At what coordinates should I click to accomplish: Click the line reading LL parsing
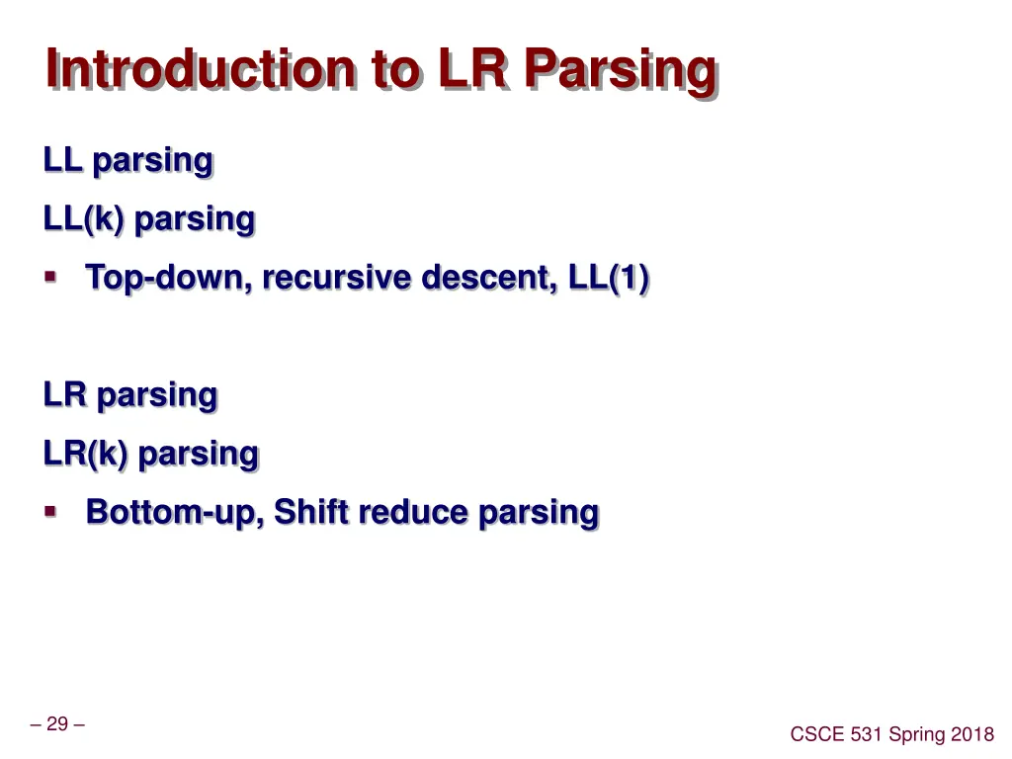click(x=127, y=160)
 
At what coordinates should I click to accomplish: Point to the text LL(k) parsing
click(x=148, y=219)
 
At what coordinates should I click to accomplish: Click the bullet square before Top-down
click(x=51, y=278)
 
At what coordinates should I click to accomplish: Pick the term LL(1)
click(x=609, y=279)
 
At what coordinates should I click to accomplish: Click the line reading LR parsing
click(x=129, y=395)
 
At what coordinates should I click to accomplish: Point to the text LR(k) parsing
click(x=150, y=455)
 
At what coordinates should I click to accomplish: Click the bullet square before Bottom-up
click(x=51, y=512)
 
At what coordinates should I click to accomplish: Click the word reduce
click(x=413, y=512)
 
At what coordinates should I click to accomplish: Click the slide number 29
click(x=57, y=724)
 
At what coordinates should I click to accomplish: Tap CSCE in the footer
click(x=818, y=733)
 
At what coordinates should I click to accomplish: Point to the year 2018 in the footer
click(x=972, y=733)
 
